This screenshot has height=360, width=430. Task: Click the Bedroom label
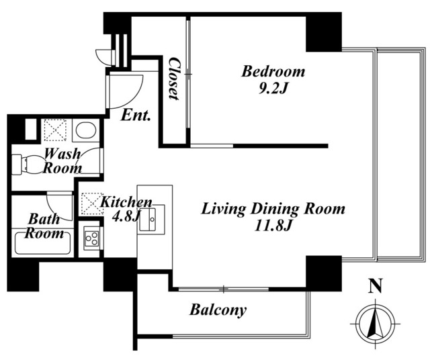pyautogui.click(x=273, y=71)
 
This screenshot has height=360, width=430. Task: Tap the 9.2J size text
pyautogui.click(x=273, y=89)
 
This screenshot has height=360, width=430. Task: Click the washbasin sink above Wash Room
pyautogui.click(x=85, y=130)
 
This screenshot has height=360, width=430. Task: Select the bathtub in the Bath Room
pyautogui.click(x=42, y=243)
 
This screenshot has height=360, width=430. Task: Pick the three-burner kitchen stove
pyautogui.click(x=91, y=238)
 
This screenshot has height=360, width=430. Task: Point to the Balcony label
pyautogui.click(x=218, y=310)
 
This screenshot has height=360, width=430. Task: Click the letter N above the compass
pyautogui.click(x=376, y=286)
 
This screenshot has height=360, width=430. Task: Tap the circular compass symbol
pyautogui.click(x=376, y=324)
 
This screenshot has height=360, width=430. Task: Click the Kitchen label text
pyautogui.click(x=126, y=202)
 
